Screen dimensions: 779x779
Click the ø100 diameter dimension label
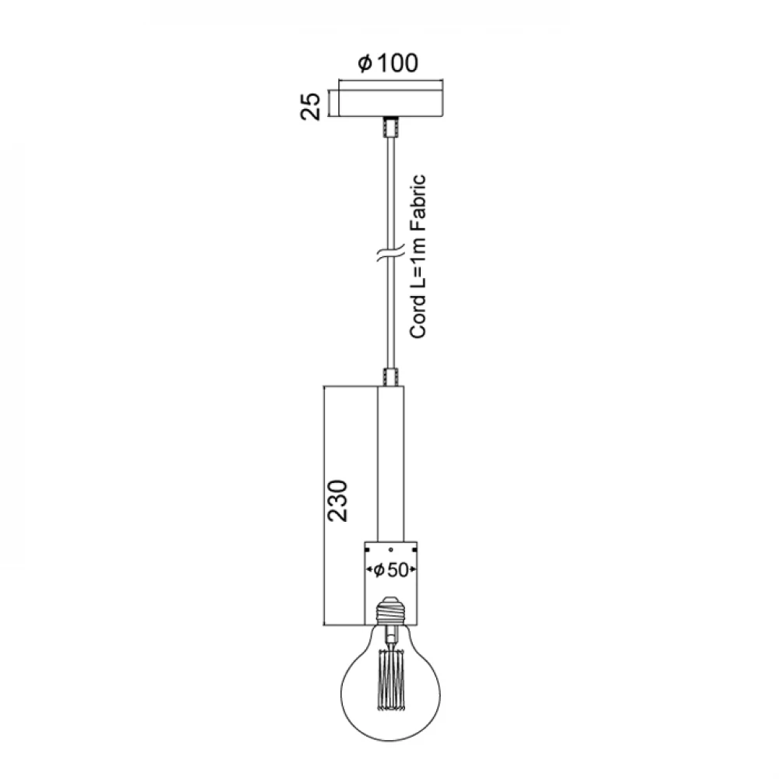point(388,63)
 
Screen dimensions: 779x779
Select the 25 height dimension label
point(311,105)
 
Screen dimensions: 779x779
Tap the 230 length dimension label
point(338,500)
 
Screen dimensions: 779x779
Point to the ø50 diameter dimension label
point(391,570)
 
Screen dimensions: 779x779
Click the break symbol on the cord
point(390,256)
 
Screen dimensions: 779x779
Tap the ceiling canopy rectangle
point(390,104)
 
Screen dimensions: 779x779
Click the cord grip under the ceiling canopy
point(390,127)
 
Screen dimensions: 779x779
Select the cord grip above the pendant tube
point(390,377)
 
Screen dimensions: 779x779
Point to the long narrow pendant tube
point(390,464)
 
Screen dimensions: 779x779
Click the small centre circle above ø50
point(390,549)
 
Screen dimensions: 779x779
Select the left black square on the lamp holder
point(367,549)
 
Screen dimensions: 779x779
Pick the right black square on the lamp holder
point(414,549)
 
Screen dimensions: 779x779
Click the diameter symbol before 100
point(365,64)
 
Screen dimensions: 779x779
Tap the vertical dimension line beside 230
point(323,506)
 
